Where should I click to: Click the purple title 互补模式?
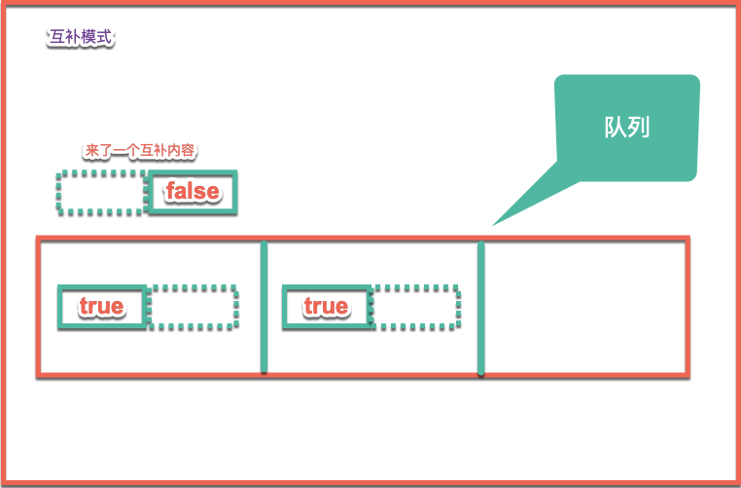tap(81, 39)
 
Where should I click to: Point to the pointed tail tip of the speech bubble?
tap(493, 225)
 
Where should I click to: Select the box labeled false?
tap(193, 192)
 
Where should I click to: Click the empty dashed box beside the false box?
tap(100, 192)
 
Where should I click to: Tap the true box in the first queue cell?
tap(102, 307)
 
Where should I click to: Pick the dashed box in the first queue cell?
tap(194, 307)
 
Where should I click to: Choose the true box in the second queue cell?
tap(326, 307)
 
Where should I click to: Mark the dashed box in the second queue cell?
tap(416, 307)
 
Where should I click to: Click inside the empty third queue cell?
tap(584, 307)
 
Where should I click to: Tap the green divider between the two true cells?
tap(265, 307)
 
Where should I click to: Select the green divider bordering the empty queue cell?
tap(481, 307)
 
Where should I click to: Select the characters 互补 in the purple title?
tap(64, 39)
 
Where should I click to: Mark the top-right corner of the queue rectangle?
tap(687, 239)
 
